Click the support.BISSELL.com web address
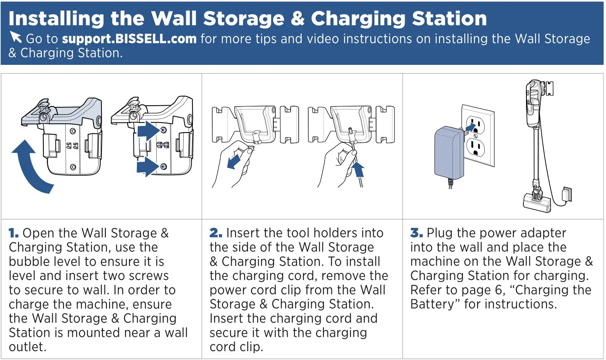tap(129, 39)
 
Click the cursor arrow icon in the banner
tap(16, 37)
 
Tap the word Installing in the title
tap(56, 19)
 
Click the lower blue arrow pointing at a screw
tap(147, 167)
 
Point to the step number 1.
tap(13, 233)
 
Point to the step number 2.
tap(216, 233)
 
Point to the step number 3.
tap(416, 233)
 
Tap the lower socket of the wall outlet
tap(475, 148)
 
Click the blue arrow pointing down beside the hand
tap(234, 161)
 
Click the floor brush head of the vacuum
tap(537, 203)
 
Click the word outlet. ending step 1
tap(28, 347)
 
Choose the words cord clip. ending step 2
tap(236, 347)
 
